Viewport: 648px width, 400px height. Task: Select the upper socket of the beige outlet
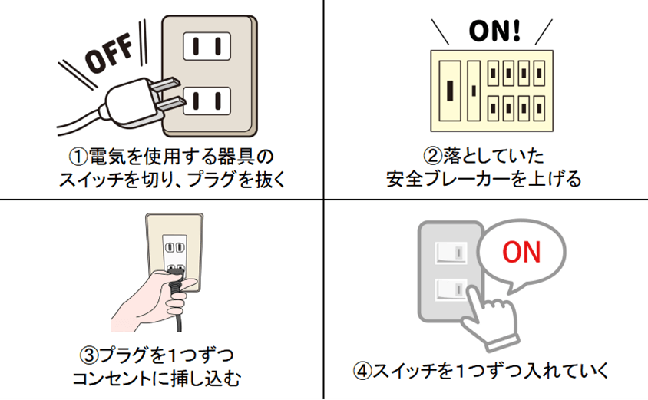click(205, 47)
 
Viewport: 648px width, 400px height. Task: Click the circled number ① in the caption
click(77, 157)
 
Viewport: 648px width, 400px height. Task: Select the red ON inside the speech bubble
click(521, 252)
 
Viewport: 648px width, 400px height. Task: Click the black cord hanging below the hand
click(179, 319)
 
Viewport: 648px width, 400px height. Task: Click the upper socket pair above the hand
click(174, 248)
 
